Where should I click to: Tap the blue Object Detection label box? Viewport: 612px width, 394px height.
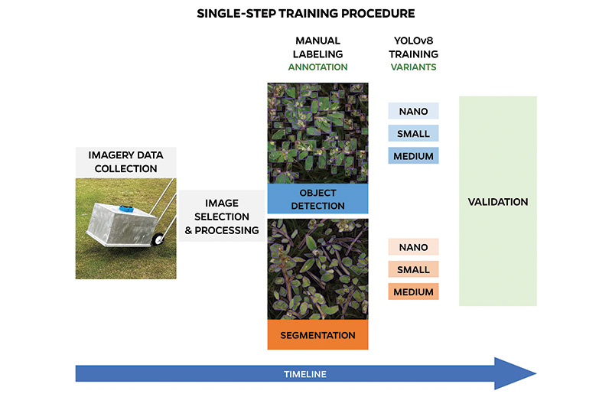point(317,199)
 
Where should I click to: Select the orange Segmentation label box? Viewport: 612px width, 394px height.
point(317,335)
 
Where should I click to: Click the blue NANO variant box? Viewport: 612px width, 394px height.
point(413,112)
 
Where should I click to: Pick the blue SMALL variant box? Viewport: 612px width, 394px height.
point(413,134)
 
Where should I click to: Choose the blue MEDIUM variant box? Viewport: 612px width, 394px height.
point(413,156)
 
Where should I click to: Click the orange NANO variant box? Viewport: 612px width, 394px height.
point(413,248)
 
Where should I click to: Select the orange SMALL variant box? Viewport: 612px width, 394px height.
point(413,270)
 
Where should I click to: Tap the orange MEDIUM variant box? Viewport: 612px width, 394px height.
point(413,291)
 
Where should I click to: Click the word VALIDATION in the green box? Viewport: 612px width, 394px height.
point(497,202)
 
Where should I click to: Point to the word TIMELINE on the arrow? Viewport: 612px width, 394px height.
point(305,374)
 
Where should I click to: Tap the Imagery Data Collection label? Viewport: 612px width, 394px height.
point(127,162)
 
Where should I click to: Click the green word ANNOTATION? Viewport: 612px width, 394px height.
point(317,67)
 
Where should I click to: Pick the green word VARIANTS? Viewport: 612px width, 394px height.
point(413,67)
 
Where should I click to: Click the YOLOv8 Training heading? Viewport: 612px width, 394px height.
point(413,47)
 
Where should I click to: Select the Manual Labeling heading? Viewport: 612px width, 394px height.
point(317,47)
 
